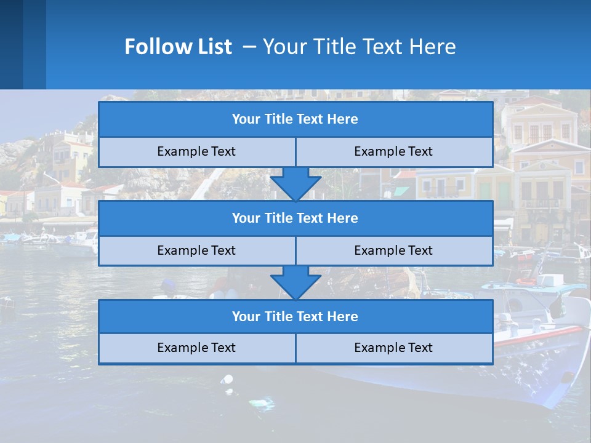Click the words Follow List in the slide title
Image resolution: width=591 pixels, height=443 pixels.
pyautogui.click(x=178, y=47)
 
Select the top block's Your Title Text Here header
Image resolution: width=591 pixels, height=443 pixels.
pyautogui.click(x=295, y=119)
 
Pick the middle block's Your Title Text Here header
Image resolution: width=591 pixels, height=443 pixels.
pyautogui.click(x=295, y=218)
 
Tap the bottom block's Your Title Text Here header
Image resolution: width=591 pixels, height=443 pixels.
pyautogui.click(x=295, y=317)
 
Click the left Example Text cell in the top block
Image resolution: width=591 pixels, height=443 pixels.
pyautogui.click(x=196, y=152)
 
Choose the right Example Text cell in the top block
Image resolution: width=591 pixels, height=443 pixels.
pyautogui.click(x=393, y=152)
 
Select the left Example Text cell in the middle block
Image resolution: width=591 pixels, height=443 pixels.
pyautogui.click(x=196, y=251)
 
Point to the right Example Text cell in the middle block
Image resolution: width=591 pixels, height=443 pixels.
pyautogui.click(x=393, y=251)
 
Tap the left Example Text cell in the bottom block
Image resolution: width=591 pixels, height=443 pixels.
pyautogui.click(x=196, y=348)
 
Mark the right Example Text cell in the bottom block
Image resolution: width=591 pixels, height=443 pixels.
pyautogui.click(x=393, y=348)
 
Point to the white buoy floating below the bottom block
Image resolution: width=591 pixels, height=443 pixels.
pyautogui.click(x=228, y=380)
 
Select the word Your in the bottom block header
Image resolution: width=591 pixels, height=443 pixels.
pyautogui.click(x=246, y=317)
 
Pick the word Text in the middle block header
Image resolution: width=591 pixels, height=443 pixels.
pyautogui.click(x=310, y=218)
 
